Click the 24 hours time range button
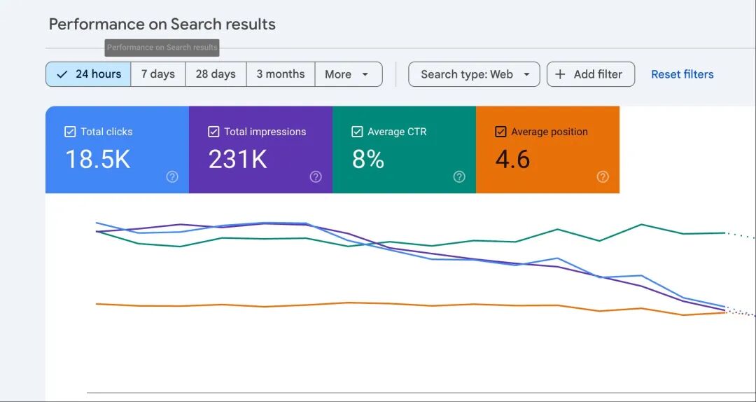(x=88, y=74)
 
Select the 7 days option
(x=157, y=74)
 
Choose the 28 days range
(x=216, y=74)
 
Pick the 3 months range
(x=281, y=74)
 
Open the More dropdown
(x=349, y=74)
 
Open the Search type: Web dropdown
(x=474, y=74)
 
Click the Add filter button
(x=591, y=74)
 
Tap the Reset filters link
(x=682, y=74)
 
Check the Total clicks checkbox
(x=70, y=132)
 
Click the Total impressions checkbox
(x=213, y=132)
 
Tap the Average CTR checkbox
(x=357, y=132)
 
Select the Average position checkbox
(x=500, y=132)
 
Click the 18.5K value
(x=98, y=159)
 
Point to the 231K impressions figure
(x=238, y=159)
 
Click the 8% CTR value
(x=368, y=159)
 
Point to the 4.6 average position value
(x=512, y=159)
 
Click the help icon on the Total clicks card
(x=172, y=177)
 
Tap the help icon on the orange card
(x=603, y=177)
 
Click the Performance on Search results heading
(x=162, y=24)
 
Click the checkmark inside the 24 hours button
(x=62, y=74)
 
